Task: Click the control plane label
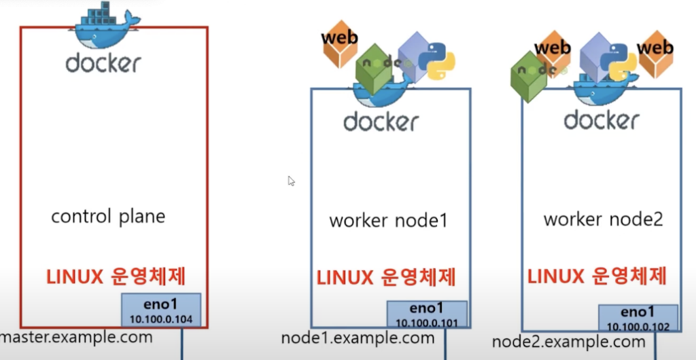[x=108, y=217]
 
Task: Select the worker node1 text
[x=388, y=221]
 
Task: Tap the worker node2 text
[x=603, y=219]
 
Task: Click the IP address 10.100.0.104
[x=161, y=319]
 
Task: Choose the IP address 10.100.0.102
[x=638, y=327]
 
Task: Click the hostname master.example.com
[x=77, y=338]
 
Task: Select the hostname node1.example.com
[x=358, y=338]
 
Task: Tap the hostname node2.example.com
[x=568, y=342]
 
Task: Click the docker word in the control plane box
[x=103, y=63]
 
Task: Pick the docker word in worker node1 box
[x=381, y=122]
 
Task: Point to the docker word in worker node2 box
[x=602, y=120]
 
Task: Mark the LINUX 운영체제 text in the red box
[x=116, y=277]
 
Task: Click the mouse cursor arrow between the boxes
[x=292, y=181]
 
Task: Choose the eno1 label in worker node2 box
[x=638, y=312]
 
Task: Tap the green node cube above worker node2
[x=529, y=75]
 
